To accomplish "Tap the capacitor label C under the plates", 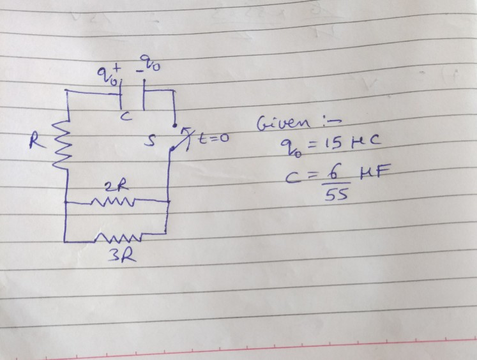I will click(x=127, y=117).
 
